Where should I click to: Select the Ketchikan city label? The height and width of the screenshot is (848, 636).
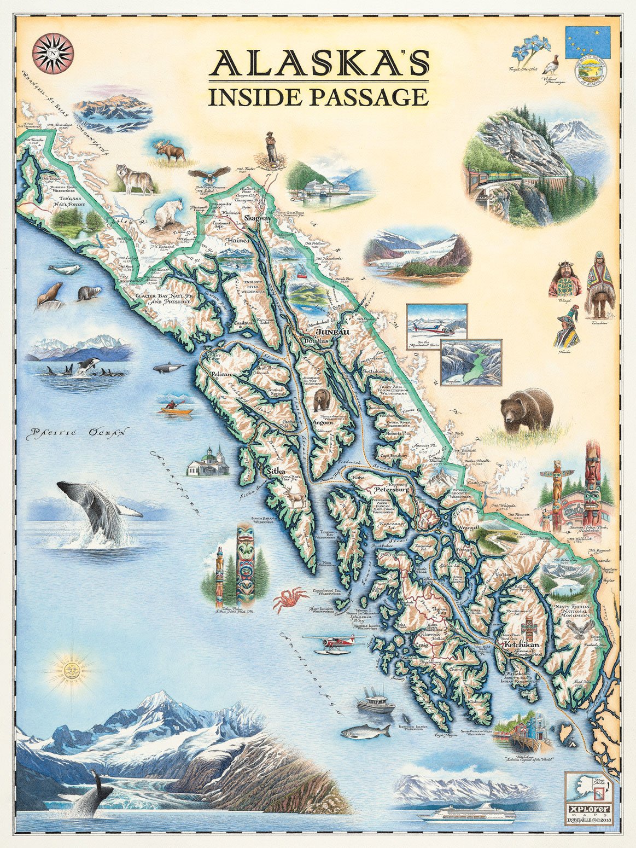click(524, 645)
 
